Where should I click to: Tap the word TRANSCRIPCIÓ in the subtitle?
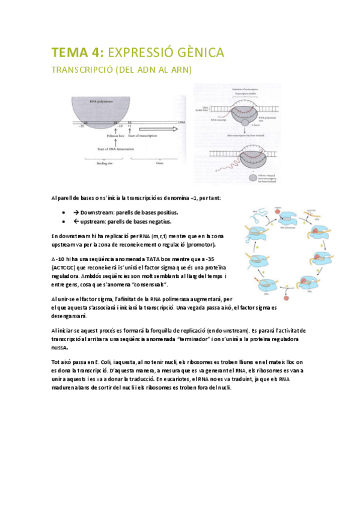[86, 71]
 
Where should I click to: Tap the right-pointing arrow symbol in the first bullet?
[76, 213]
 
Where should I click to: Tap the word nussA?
[61, 347]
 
